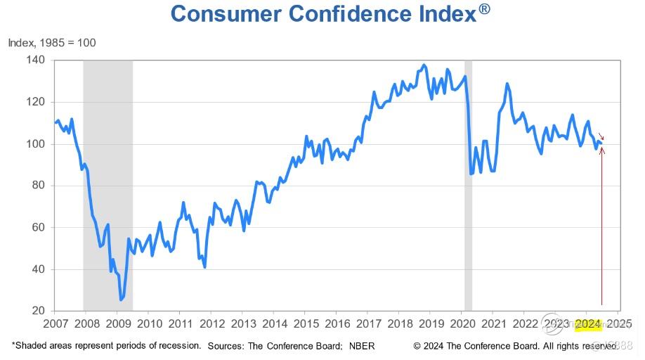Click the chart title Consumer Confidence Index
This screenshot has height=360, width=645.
pos(324,13)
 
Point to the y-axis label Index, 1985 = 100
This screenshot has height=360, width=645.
pos(52,43)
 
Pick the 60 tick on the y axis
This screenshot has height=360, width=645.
pos(37,228)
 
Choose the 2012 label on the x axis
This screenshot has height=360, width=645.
pos(211,324)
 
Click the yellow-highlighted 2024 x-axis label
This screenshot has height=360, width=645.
pos(587,324)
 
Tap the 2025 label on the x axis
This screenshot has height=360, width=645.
pos(619,324)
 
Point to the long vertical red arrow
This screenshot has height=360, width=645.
pos(602,232)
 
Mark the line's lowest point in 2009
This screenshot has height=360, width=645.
pos(121,300)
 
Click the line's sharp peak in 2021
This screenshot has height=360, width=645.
pos(507,84)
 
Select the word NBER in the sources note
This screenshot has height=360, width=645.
pos(363,346)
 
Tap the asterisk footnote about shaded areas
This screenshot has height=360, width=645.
pos(106,346)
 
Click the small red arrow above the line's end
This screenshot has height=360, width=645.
pos(601,136)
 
